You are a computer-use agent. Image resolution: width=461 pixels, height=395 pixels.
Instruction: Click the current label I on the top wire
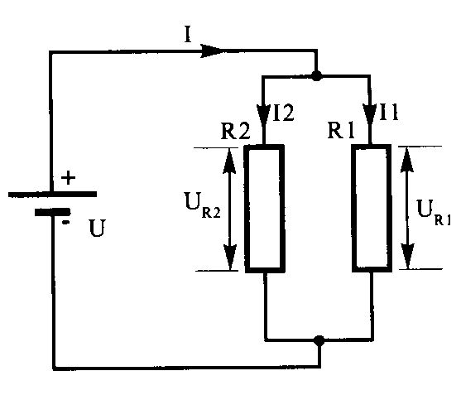pyautogui.click(x=188, y=36)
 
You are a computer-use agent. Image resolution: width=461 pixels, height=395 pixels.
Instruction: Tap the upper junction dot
pyautogui.click(x=317, y=76)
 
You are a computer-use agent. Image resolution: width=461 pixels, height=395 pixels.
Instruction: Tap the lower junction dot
pyautogui.click(x=319, y=341)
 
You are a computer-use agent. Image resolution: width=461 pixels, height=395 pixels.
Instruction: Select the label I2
pyautogui.click(x=283, y=113)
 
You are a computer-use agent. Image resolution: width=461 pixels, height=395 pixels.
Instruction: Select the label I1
pyautogui.click(x=389, y=112)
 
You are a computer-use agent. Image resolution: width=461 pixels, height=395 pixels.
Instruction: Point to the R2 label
pyautogui.click(x=235, y=131)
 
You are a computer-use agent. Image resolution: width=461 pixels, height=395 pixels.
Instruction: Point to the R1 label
pyautogui.click(x=341, y=130)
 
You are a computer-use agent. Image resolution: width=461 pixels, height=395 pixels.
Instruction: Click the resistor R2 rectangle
pyautogui.click(x=265, y=209)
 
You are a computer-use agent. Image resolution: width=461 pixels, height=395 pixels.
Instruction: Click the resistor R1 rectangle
pyautogui.click(x=372, y=208)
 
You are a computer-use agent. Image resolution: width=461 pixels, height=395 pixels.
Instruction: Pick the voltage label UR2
pyautogui.click(x=203, y=205)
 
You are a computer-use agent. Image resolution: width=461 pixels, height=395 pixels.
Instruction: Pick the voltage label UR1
pyautogui.click(x=434, y=212)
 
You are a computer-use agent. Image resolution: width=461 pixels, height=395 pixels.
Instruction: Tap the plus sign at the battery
pyautogui.click(x=68, y=178)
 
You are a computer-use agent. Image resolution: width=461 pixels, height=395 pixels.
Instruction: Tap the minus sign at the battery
pyautogui.click(x=66, y=223)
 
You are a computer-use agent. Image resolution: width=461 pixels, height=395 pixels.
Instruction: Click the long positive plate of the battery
pyautogui.click(x=52, y=194)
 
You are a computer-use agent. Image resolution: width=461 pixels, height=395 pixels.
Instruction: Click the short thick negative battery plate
pyautogui.click(x=53, y=212)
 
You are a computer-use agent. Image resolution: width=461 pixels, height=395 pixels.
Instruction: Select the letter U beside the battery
pyautogui.click(x=97, y=229)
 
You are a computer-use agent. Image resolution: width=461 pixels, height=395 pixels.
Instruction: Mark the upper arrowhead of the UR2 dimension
pyautogui.click(x=229, y=161)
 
